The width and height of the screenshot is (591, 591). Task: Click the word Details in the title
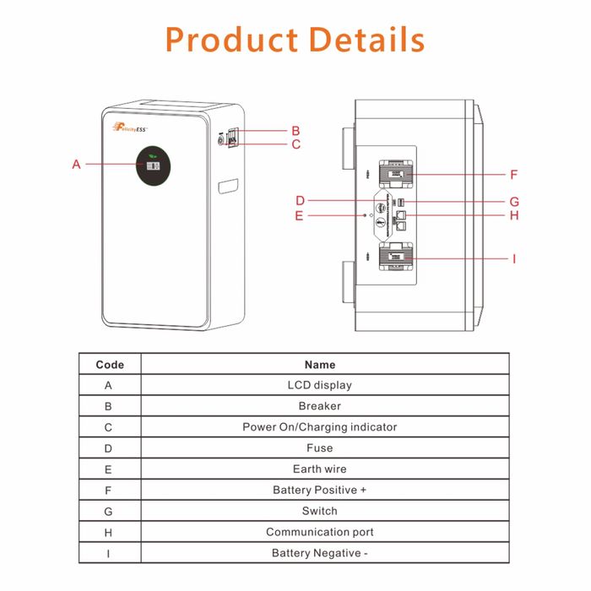click(366, 40)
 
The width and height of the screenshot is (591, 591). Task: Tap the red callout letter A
click(76, 164)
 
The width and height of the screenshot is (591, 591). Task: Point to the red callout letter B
click(295, 131)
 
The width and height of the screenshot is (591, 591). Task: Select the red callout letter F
click(513, 175)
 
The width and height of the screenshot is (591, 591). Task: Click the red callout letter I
click(513, 258)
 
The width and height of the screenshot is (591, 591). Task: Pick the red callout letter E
click(299, 215)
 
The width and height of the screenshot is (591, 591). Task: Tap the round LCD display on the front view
click(153, 166)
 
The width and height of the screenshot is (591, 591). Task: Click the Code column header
click(110, 365)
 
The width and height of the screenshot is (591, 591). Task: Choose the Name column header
click(320, 365)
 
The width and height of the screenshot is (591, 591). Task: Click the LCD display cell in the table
click(320, 385)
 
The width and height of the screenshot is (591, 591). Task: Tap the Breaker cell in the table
click(320, 406)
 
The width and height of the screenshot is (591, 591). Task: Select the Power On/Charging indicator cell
click(320, 427)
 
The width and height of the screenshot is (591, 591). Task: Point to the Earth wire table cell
click(320, 469)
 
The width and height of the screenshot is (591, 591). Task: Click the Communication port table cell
click(320, 532)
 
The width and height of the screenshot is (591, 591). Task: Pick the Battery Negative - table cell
click(320, 553)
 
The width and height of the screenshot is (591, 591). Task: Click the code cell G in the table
click(109, 511)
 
